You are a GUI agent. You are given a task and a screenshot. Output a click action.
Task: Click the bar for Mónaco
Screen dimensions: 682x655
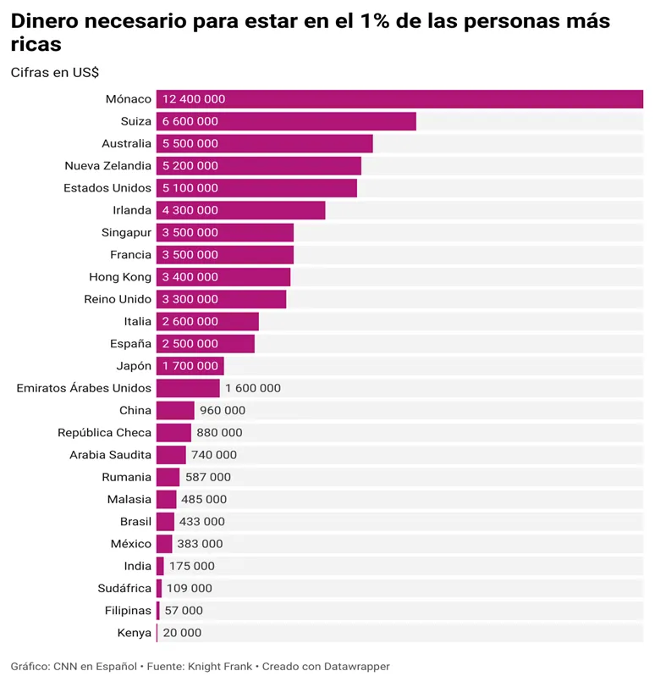[x=399, y=99]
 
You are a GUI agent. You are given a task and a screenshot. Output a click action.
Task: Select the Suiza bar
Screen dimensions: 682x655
[x=286, y=121]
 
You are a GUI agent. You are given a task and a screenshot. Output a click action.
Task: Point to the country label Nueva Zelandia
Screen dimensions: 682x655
[x=107, y=166]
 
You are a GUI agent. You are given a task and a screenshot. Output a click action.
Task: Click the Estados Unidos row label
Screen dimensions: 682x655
[x=107, y=188]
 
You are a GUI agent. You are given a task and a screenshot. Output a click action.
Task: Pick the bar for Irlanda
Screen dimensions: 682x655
[x=240, y=210]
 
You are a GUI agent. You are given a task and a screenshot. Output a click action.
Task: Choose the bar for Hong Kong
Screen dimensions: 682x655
[x=223, y=277]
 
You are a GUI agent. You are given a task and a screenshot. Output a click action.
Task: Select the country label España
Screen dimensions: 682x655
[x=130, y=344]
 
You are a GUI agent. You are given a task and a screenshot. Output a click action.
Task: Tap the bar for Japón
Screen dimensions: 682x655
[x=190, y=366]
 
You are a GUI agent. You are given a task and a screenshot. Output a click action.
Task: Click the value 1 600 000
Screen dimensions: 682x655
[x=253, y=388]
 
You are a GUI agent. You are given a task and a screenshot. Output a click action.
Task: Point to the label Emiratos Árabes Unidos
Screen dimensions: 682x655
[x=84, y=388]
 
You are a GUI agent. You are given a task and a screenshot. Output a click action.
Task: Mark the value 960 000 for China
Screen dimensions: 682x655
[x=223, y=410]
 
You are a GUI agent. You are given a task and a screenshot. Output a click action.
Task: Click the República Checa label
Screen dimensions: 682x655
[x=104, y=433]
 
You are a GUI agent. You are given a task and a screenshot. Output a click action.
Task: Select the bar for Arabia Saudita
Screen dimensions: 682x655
[x=171, y=455]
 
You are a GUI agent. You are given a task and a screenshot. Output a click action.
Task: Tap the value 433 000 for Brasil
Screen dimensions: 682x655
[x=202, y=522]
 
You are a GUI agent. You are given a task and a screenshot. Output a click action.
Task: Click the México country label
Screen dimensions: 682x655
[x=131, y=544]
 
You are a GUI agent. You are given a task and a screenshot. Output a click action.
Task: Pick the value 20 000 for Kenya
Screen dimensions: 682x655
[x=182, y=633]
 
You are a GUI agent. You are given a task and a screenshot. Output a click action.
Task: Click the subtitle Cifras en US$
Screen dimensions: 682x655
[x=55, y=73]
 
